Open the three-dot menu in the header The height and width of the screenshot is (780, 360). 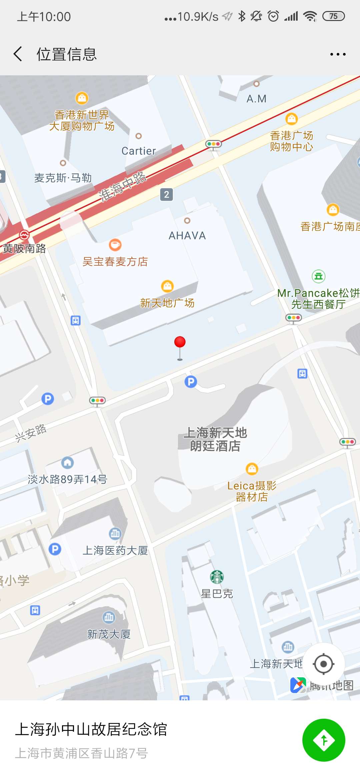click(338, 54)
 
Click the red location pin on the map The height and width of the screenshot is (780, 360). click(180, 343)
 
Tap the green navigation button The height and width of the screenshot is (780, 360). click(323, 740)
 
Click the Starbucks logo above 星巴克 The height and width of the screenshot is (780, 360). click(217, 577)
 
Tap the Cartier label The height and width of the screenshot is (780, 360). click(139, 151)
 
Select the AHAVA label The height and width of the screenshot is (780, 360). click(187, 236)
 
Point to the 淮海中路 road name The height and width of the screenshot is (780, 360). click(123, 187)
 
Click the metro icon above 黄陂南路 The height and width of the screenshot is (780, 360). click(24, 235)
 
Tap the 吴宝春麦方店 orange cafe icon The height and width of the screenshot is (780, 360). click(115, 245)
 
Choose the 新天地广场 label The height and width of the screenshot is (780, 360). click(167, 303)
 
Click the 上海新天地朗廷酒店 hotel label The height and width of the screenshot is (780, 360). click(215, 439)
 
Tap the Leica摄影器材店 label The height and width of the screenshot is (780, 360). click(252, 491)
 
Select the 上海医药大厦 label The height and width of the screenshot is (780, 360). click(115, 550)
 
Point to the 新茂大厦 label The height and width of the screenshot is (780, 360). click(109, 634)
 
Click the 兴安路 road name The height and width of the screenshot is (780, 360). click(31, 433)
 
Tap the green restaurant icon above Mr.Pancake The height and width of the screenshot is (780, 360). click(318, 276)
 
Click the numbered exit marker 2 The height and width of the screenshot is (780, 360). click(167, 194)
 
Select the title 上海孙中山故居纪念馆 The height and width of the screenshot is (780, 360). click(91, 729)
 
